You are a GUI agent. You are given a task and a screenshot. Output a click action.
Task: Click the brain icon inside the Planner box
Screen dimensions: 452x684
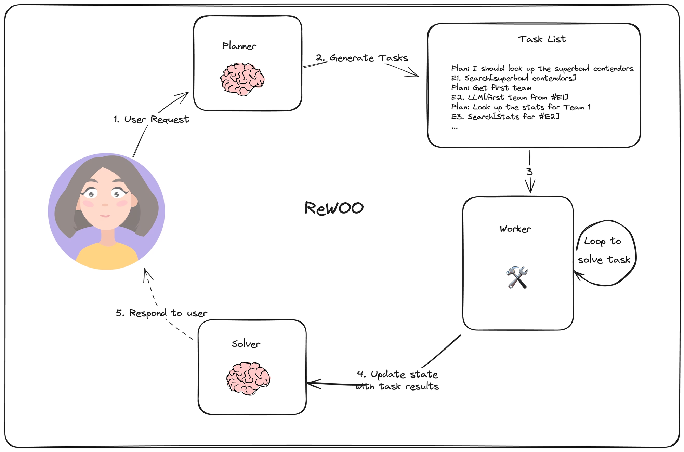pyautogui.click(x=242, y=79)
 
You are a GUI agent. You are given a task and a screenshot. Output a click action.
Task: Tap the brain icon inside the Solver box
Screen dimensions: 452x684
pyautogui.click(x=248, y=379)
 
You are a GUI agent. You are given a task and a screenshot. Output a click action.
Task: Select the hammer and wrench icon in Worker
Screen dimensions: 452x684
pyautogui.click(x=517, y=277)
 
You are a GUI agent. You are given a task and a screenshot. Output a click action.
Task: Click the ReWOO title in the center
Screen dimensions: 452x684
pyautogui.click(x=334, y=208)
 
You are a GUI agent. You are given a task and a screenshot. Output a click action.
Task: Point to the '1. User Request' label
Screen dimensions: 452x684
pyautogui.click(x=151, y=120)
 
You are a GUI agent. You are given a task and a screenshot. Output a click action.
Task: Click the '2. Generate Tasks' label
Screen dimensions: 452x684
pyautogui.click(x=362, y=58)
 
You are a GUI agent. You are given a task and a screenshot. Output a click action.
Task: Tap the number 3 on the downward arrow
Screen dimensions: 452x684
pyautogui.click(x=529, y=172)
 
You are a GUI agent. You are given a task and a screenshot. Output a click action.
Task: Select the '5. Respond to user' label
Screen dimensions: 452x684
pyautogui.click(x=161, y=313)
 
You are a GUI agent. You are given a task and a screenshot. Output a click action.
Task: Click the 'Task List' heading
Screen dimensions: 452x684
pyautogui.click(x=542, y=39)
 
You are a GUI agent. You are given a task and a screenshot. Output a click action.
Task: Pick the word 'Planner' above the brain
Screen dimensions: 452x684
pyautogui.click(x=239, y=46)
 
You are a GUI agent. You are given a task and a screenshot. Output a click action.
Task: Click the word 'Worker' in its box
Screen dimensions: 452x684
pyautogui.click(x=515, y=229)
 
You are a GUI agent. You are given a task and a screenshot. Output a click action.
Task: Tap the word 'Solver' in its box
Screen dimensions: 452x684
pyautogui.click(x=246, y=344)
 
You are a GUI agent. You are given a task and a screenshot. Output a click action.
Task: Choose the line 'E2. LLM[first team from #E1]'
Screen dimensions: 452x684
pyautogui.click(x=510, y=97)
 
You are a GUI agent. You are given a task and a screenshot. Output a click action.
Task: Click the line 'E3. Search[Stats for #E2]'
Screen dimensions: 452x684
pyautogui.click(x=505, y=117)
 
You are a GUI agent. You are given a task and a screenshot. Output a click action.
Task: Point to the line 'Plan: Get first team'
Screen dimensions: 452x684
pyautogui.click(x=491, y=88)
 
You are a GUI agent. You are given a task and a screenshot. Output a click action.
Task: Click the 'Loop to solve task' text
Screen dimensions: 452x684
pyautogui.click(x=604, y=250)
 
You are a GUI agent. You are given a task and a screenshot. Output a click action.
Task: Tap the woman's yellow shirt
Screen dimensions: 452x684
pyautogui.click(x=106, y=256)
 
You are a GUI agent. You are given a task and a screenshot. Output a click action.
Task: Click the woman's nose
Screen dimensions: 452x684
pyautogui.click(x=105, y=205)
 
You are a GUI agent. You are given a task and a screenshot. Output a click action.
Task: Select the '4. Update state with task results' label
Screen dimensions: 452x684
pyautogui.click(x=397, y=380)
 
